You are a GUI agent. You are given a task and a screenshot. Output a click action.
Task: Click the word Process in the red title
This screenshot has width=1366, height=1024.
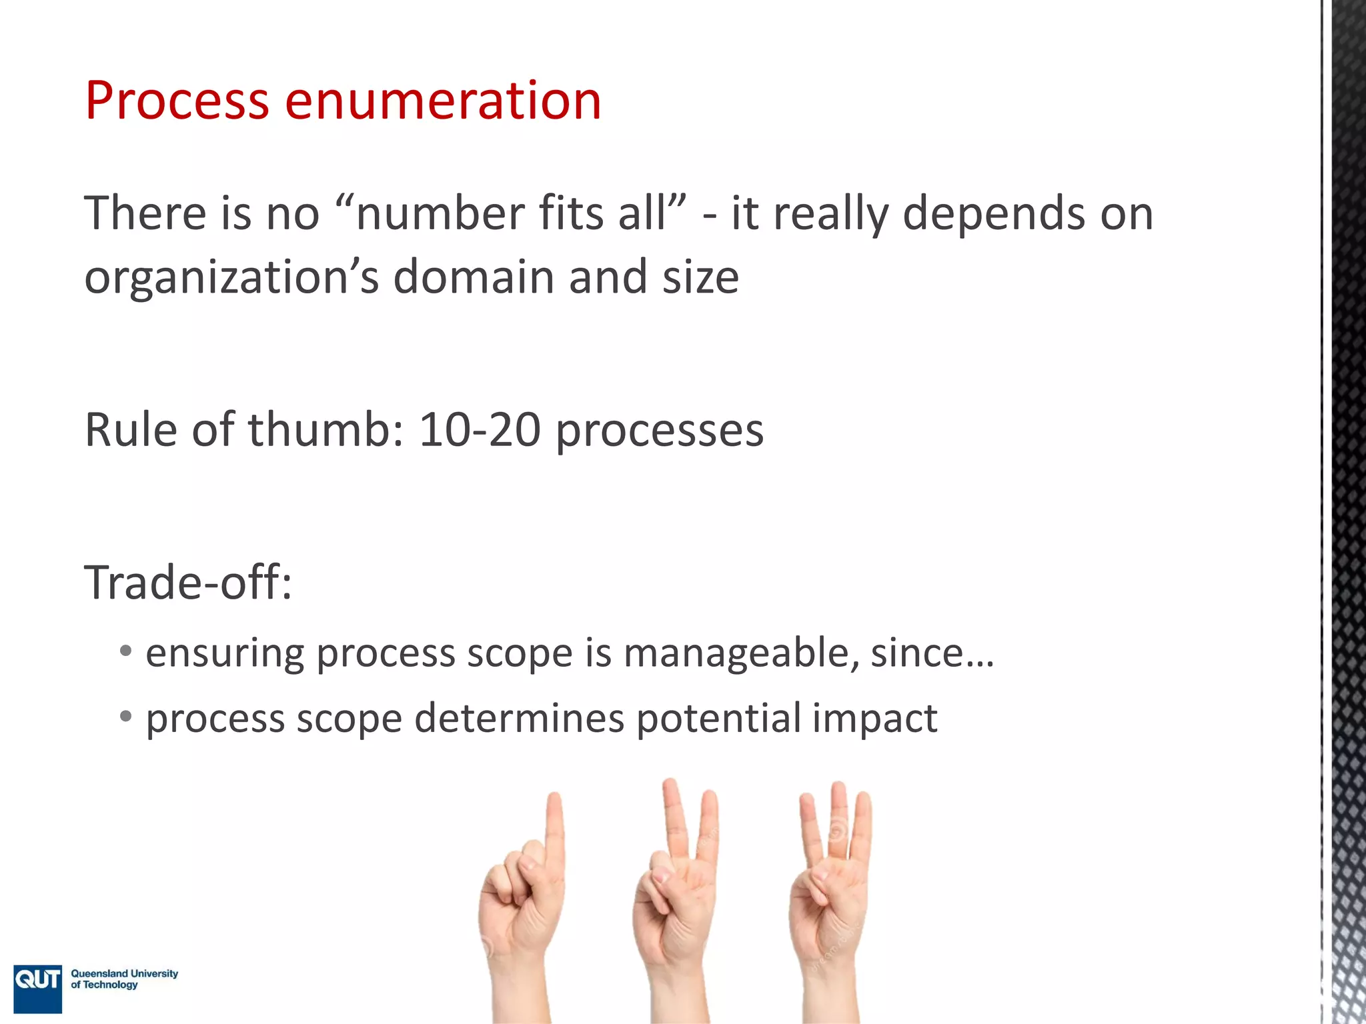tap(177, 101)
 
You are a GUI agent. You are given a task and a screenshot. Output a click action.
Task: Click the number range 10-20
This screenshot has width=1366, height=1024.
tap(480, 429)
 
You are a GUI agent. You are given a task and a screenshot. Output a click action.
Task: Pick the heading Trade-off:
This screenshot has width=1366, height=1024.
tap(188, 582)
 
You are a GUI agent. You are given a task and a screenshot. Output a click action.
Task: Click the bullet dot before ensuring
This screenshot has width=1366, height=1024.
tap(125, 651)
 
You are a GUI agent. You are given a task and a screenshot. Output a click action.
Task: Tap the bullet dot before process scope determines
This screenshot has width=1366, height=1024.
tap(125, 717)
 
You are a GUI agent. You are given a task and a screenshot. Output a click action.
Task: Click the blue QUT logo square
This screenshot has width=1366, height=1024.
tap(38, 988)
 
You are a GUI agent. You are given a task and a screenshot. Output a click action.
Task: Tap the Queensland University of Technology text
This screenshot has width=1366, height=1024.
tap(124, 979)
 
